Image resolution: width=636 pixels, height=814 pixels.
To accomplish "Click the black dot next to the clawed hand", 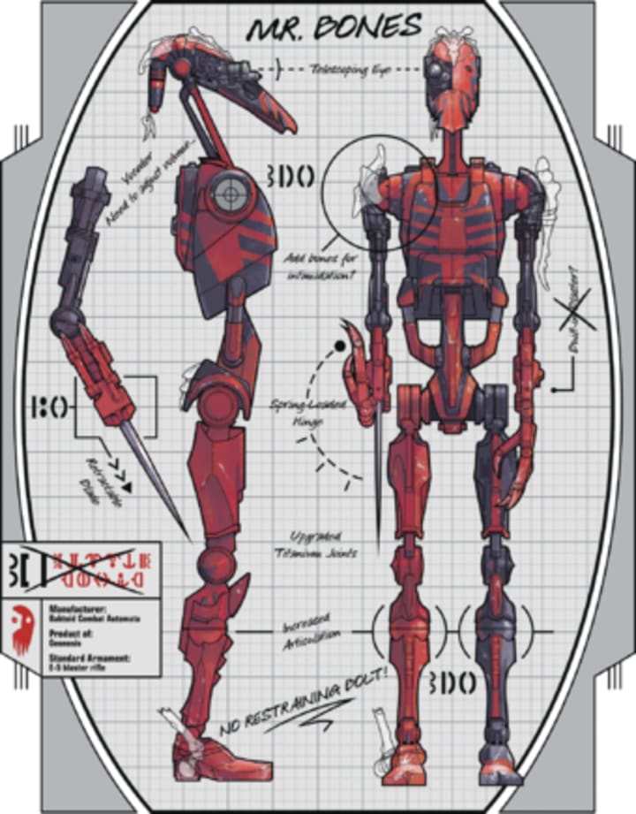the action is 338,346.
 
